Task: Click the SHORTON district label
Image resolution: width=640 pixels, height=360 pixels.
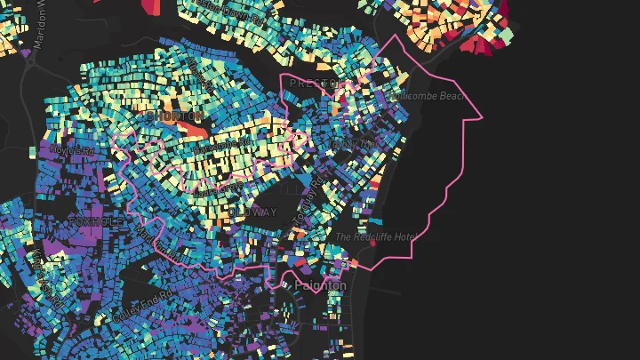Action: click(x=176, y=116)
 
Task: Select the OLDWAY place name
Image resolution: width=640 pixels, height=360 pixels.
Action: click(x=257, y=212)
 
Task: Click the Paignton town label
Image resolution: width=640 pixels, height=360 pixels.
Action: click(x=321, y=284)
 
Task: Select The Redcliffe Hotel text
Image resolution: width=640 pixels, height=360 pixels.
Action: click(x=375, y=237)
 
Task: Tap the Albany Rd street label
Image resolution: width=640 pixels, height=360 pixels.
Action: click(x=340, y=143)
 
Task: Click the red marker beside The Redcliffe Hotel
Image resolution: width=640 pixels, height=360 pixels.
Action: click(x=356, y=263)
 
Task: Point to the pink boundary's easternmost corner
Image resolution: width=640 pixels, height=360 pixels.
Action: click(x=482, y=117)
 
